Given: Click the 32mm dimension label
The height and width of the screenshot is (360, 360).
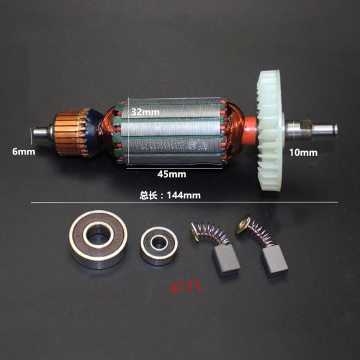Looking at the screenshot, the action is (x=145, y=112).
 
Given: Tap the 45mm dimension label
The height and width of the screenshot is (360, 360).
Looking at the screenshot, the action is (x=172, y=174).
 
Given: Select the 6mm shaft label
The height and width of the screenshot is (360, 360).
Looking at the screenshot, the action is (x=24, y=152).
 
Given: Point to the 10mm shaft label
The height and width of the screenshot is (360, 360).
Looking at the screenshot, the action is (x=303, y=152).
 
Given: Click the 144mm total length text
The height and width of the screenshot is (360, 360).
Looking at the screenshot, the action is (x=170, y=196).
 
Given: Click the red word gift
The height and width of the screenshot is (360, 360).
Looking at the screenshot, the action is (x=186, y=286).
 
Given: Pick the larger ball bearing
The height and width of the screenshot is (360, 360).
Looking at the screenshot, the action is (x=98, y=239).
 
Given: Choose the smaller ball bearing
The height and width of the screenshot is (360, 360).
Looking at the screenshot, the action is (x=159, y=246).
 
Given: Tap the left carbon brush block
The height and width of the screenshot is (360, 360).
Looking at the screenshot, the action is (x=226, y=261).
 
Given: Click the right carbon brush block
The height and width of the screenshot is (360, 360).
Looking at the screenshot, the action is (x=274, y=261).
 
